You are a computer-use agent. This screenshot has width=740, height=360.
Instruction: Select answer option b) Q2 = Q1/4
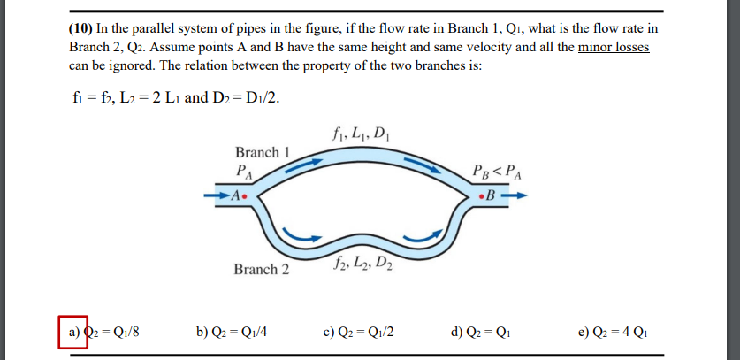[231, 333]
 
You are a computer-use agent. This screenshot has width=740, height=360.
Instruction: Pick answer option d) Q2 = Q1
[484, 333]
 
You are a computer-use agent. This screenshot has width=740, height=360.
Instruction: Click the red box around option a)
[73, 333]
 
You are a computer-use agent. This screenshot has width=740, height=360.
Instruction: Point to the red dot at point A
[245, 195]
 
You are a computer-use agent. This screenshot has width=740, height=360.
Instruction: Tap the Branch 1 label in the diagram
[263, 152]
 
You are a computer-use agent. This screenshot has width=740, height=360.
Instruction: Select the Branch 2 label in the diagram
[261, 269]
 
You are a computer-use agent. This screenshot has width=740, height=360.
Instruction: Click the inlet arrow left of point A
[217, 195]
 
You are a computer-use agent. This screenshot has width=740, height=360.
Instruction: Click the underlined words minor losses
[614, 47]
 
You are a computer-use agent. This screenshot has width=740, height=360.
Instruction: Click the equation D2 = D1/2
[256, 96]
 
